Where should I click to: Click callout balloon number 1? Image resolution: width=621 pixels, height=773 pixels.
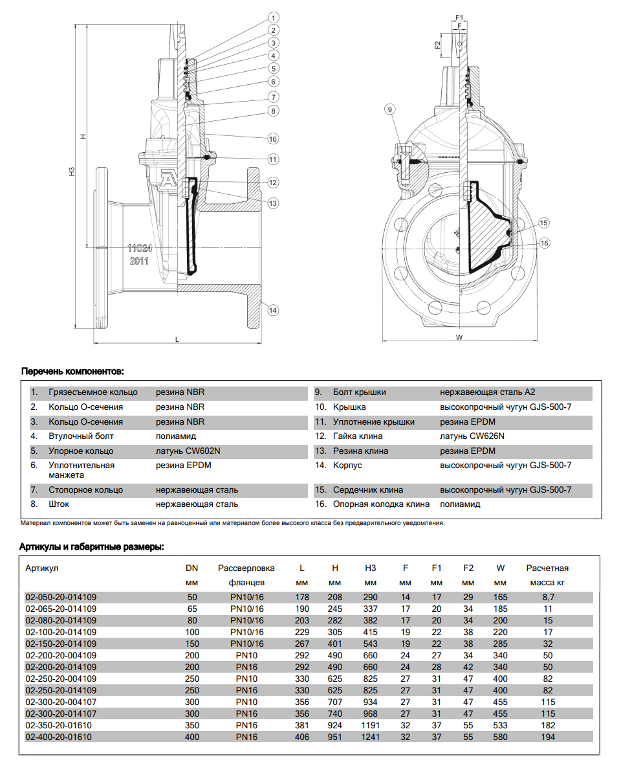[x=274, y=17]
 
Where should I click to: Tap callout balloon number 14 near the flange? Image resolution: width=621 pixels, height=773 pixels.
[x=273, y=310]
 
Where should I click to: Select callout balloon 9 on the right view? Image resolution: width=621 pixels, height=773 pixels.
[x=389, y=109]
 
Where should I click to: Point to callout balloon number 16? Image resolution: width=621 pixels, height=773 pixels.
[x=545, y=243]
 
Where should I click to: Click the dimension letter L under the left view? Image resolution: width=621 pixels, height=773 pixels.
[x=177, y=339]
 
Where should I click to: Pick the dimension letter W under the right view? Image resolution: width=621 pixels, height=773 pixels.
[x=459, y=337]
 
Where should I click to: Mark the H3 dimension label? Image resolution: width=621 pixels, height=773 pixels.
[x=72, y=172]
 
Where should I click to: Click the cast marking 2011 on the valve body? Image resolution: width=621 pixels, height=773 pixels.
[x=139, y=261]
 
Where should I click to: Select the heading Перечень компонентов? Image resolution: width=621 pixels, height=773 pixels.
[x=72, y=372]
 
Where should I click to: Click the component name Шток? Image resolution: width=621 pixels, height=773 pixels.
[x=59, y=504]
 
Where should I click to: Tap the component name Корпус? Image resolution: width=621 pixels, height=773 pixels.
[x=347, y=465]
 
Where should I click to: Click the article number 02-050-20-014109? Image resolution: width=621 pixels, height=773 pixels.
[x=61, y=597]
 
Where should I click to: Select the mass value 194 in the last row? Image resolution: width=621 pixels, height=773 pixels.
[x=547, y=737]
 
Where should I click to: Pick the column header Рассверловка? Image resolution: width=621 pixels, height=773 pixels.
[x=246, y=568]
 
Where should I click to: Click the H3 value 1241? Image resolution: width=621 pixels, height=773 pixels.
[x=370, y=737]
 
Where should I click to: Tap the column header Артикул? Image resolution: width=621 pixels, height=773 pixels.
[x=42, y=568]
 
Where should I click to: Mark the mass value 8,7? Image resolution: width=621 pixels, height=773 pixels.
[x=547, y=597]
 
